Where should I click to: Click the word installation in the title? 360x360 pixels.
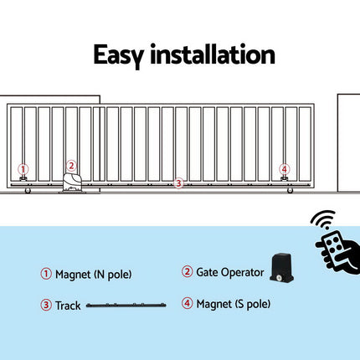pos(213,55)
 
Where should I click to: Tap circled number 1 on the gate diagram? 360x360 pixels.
pos(23,168)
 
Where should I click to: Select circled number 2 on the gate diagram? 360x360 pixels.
pos(72,166)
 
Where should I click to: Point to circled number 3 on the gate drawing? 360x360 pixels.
pos(177,183)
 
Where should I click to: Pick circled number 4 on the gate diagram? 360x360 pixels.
pos(285,168)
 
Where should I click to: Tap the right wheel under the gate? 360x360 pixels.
pos(290,194)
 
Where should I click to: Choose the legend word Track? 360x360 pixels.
pos(69,306)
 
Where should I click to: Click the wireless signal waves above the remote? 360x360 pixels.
pos(322,220)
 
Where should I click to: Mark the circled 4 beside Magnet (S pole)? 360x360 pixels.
pos(187,302)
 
